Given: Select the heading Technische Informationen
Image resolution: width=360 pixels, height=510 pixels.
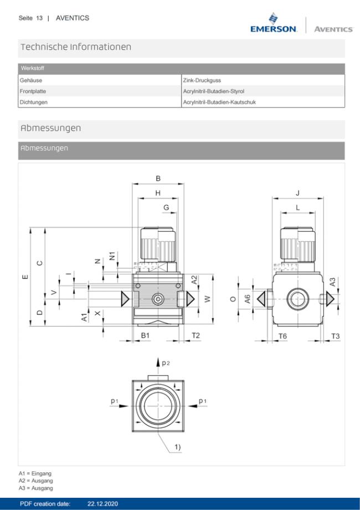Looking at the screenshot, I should tap(76, 47).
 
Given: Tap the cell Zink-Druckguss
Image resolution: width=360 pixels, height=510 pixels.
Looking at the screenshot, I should tap(202, 80).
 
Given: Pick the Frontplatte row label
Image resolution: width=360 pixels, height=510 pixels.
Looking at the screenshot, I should tap(33, 91).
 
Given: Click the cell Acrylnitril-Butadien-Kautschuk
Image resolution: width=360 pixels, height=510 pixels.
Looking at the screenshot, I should tap(219, 102).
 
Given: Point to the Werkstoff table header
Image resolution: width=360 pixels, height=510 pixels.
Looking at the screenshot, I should tap(33, 69).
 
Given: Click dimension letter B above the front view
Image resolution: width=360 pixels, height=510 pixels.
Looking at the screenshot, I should tap(158, 178).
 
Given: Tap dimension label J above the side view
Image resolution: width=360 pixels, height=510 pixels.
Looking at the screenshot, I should tap(298, 193).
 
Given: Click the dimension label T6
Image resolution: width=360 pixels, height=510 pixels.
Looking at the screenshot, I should tap(282, 336).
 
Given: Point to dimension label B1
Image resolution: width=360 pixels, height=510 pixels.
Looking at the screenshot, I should tap(145, 335).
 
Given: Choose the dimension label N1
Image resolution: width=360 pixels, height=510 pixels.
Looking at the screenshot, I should tap(112, 256).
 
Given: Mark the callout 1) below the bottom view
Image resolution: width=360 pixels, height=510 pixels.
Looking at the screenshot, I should tap(177, 447).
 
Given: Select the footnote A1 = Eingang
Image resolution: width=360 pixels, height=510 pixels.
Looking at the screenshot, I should tap(35, 473).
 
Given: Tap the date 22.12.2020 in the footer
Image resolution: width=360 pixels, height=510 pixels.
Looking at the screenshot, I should tap(102, 504).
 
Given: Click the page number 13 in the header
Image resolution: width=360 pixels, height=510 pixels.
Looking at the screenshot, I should tap(39, 18).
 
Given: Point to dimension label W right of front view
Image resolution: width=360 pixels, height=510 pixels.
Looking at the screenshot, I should tap(207, 299).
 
